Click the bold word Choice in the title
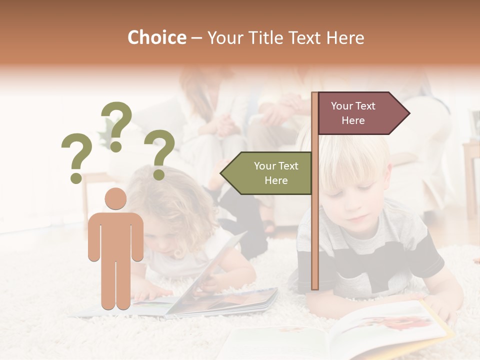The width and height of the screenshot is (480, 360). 156,37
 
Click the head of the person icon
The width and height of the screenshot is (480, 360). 115,199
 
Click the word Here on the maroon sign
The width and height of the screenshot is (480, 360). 353,120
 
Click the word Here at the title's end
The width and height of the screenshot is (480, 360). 345,38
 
